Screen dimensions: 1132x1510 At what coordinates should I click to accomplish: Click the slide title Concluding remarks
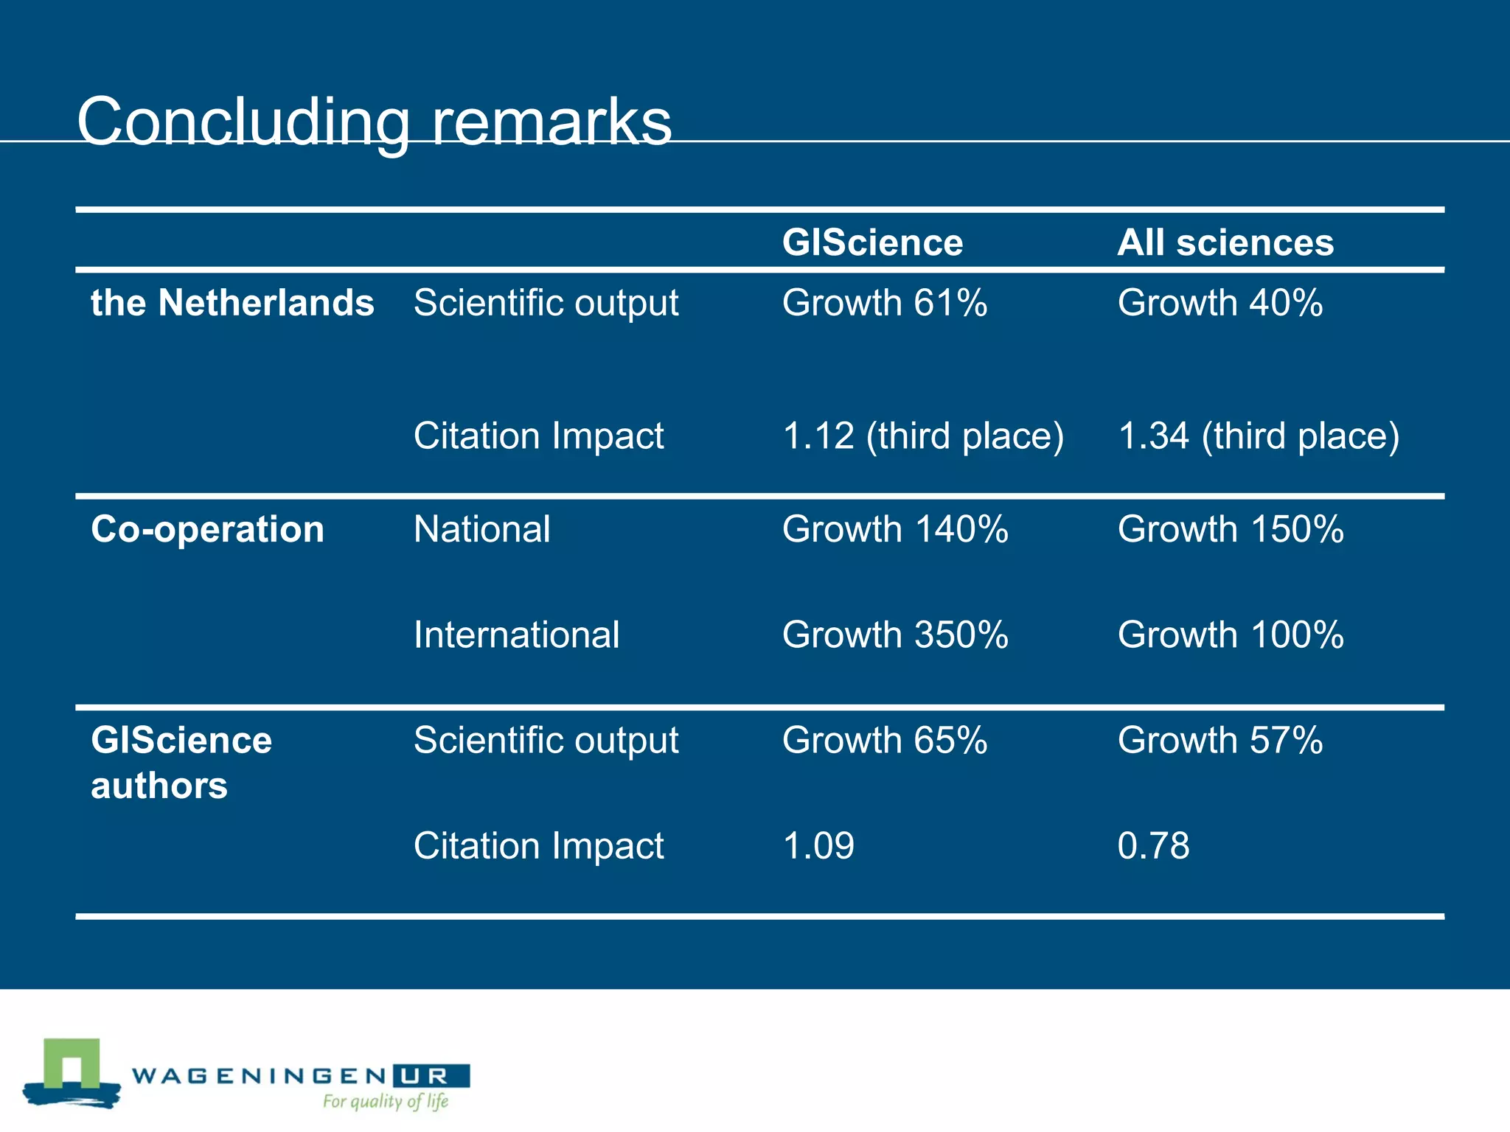click(375, 122)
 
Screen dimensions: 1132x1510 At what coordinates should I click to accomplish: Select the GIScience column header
click(872, 242)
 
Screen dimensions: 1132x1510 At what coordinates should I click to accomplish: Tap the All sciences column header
click(1225, 242)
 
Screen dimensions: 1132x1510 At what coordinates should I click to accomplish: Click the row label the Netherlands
click(232, 303)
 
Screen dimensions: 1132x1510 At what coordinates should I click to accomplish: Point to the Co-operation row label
click(207, 529)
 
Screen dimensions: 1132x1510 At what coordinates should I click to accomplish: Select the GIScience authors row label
click(181, 762)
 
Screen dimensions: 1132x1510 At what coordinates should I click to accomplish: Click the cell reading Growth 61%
click(884, 303)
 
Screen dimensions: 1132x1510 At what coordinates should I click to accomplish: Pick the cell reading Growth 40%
click(1220, 303)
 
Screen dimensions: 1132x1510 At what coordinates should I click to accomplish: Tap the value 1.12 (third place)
click(922, 436)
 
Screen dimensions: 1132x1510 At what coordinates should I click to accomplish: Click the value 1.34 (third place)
click(1258, 436)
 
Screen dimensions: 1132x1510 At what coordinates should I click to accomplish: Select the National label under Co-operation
click(481, 529)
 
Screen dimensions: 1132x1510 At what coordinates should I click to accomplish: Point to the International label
click(516, 635)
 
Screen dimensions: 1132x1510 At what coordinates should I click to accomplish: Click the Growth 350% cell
click(894, 635)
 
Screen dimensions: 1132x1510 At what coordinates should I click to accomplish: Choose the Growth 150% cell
click(1230, 529)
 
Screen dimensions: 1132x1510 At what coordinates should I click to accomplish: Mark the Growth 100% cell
click(1230, 635)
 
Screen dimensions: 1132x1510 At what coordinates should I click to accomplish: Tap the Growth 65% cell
click(884, 740)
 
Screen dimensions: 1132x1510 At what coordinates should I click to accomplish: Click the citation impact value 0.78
click(1153, 845)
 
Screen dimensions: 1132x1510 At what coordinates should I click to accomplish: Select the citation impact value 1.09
click(818, 845)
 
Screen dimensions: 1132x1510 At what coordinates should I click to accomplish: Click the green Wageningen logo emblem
click(72, 1072)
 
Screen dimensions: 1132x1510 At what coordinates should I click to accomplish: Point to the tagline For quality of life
click(386, 1101)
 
